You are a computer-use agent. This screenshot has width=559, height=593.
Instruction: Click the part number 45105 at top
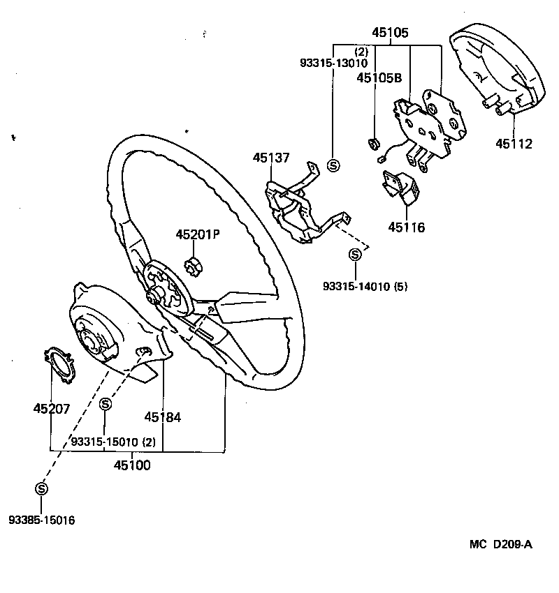(x=390, y=33)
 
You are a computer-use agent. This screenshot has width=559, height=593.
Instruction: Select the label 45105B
(x=379, y=78)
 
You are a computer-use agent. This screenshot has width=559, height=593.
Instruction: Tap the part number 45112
(x=514, y=144)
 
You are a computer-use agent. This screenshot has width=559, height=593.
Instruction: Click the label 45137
(x=271, y=158)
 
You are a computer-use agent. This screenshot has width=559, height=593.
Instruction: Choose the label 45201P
(x=198, y=234)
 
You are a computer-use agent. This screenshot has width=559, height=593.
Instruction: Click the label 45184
(x=163, y=417)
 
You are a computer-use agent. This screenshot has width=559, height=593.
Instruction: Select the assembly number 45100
(x=133, y=465)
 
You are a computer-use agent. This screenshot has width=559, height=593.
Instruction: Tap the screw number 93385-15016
(x=42, y=520)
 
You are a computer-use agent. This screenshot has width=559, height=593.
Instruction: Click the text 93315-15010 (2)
(x=112, y=442)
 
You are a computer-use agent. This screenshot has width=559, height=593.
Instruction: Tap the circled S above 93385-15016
(x=41, y=488)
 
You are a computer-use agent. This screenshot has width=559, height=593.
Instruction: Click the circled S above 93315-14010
(x=355, y=255)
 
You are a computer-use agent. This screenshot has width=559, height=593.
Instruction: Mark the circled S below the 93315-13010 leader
(x=333, y=165)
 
